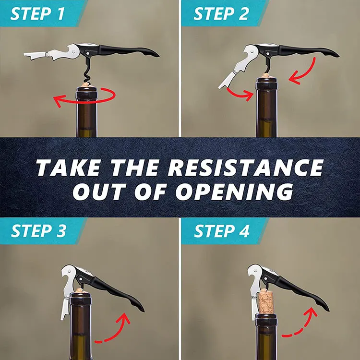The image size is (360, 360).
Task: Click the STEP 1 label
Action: tap(37, 14)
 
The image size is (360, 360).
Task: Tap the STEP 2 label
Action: tap(221, 14)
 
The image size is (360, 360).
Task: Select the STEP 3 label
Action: tap(38, 230)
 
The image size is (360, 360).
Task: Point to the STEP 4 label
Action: tap(222, 230)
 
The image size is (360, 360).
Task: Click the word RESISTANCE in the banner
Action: tap(246, 168)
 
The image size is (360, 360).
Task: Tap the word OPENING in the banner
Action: tap(234, 192)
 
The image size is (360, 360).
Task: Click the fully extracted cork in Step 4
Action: tap(266, 302)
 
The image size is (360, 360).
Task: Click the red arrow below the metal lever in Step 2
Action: tap(240, 94)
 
